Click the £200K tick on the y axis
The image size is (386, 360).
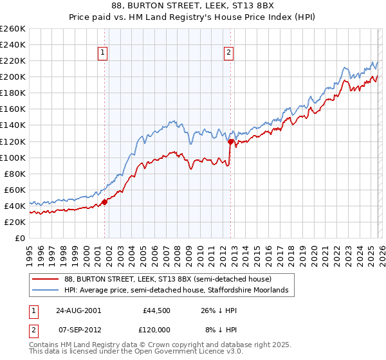coord(14,76)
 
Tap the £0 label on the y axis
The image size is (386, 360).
coord(20,238)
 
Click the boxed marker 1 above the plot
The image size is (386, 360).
coord(104,53)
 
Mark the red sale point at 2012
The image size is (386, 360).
coord(230,141)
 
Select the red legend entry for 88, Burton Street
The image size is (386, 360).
coord(168,279)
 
